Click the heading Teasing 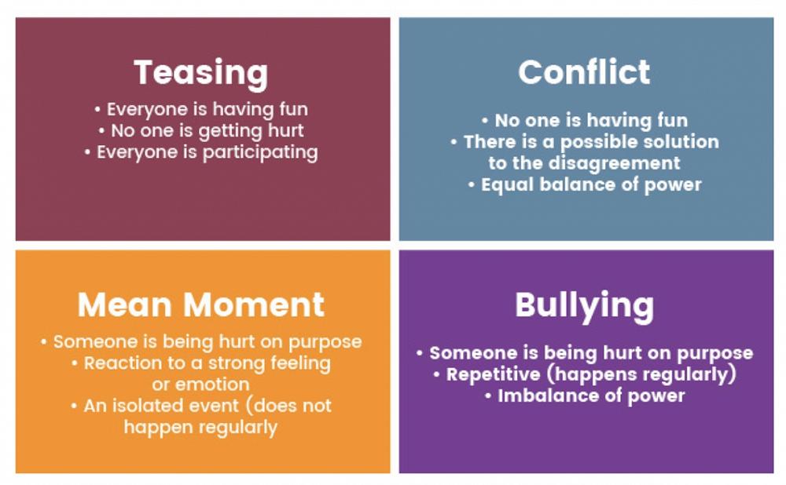[200, 73]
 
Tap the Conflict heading [584, 72]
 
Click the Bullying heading [584, 305]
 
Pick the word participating [261, 152]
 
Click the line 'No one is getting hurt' [200, 130]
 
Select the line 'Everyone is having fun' [200, 109]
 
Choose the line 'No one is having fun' [584, 121]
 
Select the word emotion [200, 385]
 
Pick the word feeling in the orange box [295, 364]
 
